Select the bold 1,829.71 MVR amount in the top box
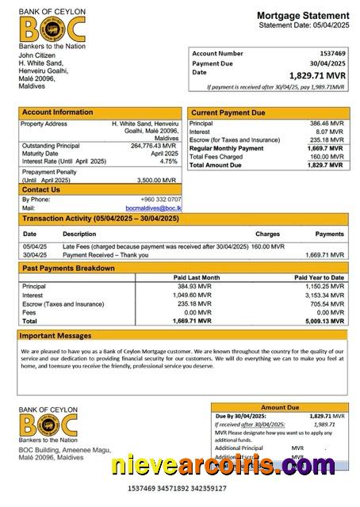[x=318, y=75]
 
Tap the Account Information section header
[x=57, y=112]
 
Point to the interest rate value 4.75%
[x=168, y=161]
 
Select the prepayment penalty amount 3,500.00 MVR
[x=161, y=180]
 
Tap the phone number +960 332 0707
[x=160, y=200]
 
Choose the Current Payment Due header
[x=228, y=113]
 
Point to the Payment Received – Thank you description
[x=100, y=255]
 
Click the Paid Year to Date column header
[x=319, y=278]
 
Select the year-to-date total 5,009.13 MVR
[x=324, y=322]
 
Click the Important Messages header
[x=56, y=336]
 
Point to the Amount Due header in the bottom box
[x=278, y=407]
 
